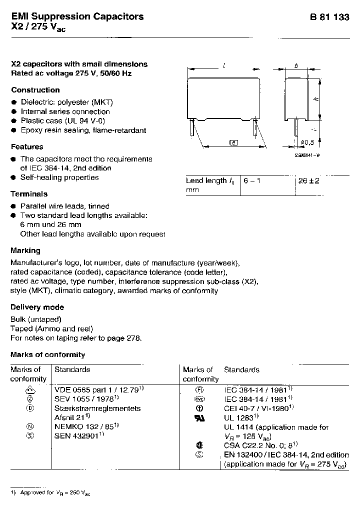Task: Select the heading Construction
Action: coord(35,90)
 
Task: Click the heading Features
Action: coord(27,146)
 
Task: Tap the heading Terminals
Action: coord(29,193)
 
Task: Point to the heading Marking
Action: coord(25,250)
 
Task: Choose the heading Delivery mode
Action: coord(37,307)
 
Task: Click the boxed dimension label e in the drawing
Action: coord(233,143)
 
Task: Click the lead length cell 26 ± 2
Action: coord(308,181)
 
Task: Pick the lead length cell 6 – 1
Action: coord(251,181)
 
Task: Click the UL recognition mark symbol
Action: coord(199,417)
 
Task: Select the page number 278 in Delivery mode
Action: coord(133,338)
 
